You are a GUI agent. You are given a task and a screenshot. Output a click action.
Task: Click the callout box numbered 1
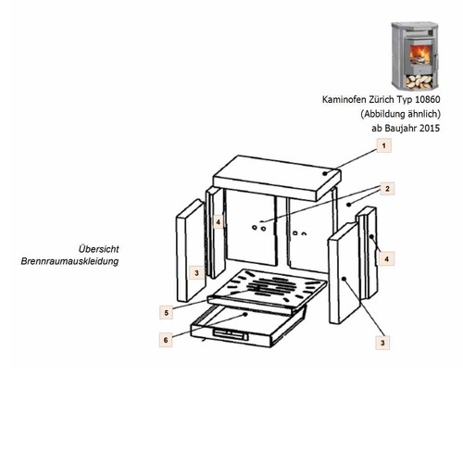(383, 145)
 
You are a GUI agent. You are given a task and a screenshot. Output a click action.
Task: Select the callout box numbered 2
(387, 189)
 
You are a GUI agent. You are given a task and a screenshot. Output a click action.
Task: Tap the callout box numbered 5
(167, 312)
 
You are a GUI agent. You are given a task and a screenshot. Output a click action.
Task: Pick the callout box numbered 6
(166, 340)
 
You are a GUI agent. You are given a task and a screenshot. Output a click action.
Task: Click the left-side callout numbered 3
(196, 273)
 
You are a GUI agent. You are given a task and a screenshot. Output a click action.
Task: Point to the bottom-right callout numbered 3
(382, 343)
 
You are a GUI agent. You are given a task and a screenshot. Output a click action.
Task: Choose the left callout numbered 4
(219, 222)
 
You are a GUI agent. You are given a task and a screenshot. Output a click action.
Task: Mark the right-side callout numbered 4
(387, 259)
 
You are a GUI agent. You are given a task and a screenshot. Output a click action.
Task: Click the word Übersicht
(98, 249)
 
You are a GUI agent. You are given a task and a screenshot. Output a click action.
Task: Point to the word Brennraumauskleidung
(69, 261)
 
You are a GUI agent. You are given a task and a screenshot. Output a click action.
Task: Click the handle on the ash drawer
(230, 334)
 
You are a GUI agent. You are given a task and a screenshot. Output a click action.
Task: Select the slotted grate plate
(268, 290)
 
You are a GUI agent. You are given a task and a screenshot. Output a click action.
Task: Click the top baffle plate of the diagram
(277, 178)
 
